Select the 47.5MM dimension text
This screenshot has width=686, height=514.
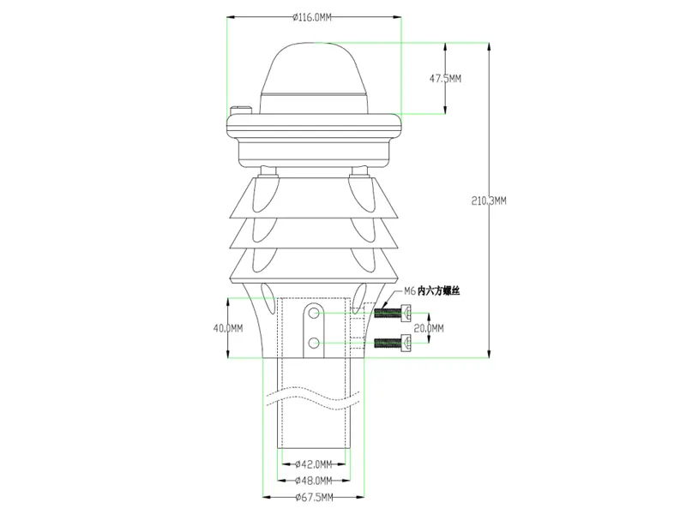pos(445,78)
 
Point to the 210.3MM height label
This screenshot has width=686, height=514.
pos(489,200)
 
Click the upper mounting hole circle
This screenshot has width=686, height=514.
pos(316,316)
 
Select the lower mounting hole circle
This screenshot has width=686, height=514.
pos(316,344)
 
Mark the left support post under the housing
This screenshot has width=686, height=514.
pos(269,171)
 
